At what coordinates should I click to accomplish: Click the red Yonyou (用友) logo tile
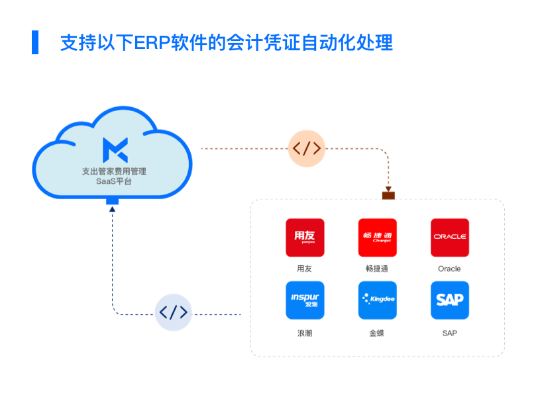(305, 238)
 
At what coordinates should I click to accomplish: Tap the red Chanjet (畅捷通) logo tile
(377, 238)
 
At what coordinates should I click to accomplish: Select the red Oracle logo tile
(449, 238)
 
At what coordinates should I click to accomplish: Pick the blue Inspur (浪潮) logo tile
(305, 300)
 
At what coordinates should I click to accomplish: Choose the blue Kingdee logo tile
(377, 300)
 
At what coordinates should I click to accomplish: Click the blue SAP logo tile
(449, 300)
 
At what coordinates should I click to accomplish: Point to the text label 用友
(305, 269)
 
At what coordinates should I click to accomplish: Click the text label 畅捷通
(377, 269)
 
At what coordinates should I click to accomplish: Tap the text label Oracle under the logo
(449, 269)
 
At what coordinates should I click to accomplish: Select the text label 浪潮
(305, 333)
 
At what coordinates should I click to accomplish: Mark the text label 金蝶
(377, 333)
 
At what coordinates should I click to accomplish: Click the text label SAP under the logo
(449, 333)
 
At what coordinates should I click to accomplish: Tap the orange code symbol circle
(307, 148)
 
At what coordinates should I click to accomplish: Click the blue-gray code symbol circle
(173, 312)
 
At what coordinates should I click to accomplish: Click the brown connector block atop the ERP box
(388, 195)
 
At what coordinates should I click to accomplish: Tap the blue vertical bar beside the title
(35, 42)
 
